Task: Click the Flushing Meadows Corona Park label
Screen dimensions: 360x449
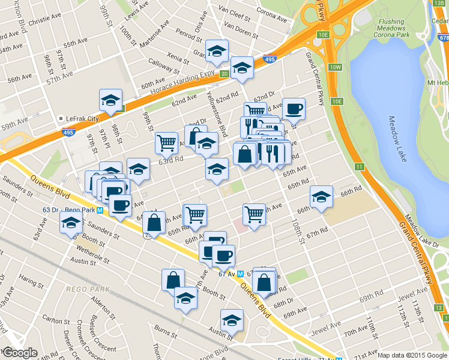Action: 391,29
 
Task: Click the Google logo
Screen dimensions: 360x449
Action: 19,353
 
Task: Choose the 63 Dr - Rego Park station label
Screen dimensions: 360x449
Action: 65,210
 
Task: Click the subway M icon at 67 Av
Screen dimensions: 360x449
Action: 240,274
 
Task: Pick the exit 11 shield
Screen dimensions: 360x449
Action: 359,166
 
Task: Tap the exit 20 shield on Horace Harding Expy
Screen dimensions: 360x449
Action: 223,74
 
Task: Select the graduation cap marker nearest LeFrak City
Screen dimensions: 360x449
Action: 110,100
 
